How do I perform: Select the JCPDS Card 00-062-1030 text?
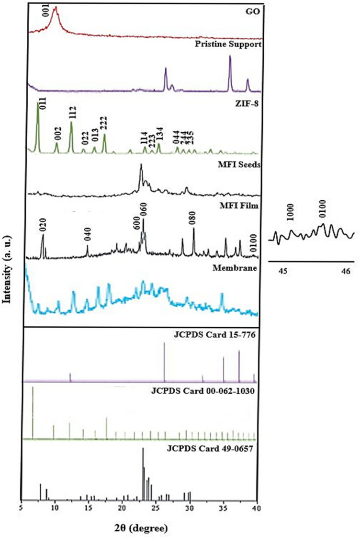tap(212, 390)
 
